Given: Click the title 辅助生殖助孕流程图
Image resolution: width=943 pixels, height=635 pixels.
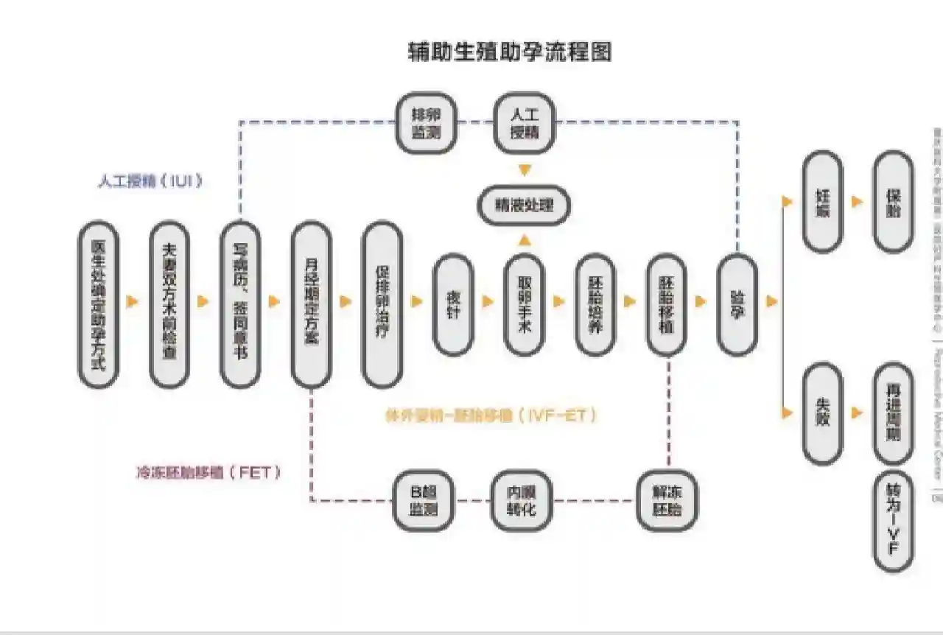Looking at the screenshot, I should point(510,52).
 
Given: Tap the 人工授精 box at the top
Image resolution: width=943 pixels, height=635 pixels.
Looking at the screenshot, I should point(524,123).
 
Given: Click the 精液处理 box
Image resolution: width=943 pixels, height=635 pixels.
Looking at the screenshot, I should point(524,206).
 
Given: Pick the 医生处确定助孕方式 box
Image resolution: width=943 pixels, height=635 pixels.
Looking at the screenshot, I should point(99,304).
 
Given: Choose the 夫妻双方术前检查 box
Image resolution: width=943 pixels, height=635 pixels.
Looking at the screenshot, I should point(169,304).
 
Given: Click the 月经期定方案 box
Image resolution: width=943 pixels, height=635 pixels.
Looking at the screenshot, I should point(311,304).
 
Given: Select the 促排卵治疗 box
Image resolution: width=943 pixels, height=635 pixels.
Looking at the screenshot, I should point(382,304).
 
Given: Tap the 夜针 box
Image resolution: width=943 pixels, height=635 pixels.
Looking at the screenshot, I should point(452,304).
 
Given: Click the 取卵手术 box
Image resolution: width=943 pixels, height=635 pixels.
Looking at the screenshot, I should point(524,304).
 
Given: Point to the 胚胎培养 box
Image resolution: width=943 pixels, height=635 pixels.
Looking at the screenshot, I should point(595,304).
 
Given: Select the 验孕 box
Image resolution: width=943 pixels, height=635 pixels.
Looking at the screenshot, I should point(737,304).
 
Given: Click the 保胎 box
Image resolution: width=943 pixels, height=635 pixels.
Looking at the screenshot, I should point(893,202).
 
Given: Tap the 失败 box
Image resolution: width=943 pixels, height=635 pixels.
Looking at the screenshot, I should point(822,413).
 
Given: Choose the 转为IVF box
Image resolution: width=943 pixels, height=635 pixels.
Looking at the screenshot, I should point(893,522).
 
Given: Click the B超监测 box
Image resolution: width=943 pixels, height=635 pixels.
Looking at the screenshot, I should point(423,501).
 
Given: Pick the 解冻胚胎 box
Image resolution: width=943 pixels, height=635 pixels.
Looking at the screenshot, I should point(667,501).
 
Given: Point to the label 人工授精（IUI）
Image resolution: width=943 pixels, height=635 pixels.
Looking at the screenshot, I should point(150,181).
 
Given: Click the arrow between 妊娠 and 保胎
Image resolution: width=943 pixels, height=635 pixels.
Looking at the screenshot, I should point(857,202).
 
